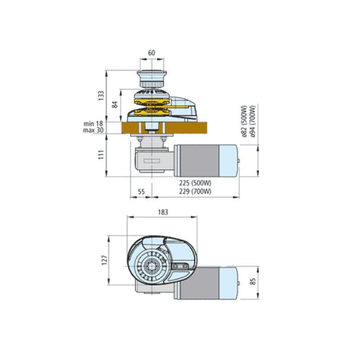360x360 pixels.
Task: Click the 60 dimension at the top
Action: (x=152, y=53)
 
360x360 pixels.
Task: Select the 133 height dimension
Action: (x=101, y=95)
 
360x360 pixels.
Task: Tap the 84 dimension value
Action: (x=115, y=104)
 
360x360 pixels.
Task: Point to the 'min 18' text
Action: (x=93, y=124)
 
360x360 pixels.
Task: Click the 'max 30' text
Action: (x=93, y=130)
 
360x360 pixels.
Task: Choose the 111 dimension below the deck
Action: (x=101, y=155)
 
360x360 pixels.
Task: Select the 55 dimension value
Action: (x=141, y=192)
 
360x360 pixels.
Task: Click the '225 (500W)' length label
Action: (x=195, y=183)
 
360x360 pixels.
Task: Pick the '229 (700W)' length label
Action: (x=195, y=191)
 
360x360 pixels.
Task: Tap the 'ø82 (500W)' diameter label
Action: (x=244, y=121)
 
